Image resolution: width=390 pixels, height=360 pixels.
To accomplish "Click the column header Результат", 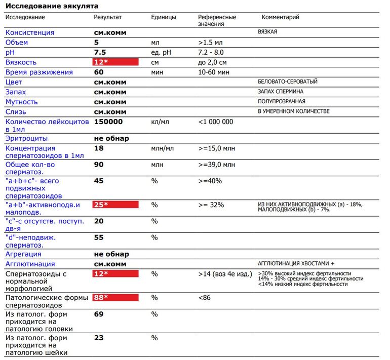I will pos(108,17).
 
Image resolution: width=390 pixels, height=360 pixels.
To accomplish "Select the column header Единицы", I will pos(164,17).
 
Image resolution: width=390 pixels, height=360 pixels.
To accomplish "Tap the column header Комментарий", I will pos(280,17).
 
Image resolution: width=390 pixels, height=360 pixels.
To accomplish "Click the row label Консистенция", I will pos(30,32).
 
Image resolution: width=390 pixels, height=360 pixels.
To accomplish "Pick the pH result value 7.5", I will pos(100,52).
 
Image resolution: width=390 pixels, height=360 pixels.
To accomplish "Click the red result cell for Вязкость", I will pos(115,62).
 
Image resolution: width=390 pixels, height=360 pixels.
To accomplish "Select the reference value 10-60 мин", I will pos(214,72).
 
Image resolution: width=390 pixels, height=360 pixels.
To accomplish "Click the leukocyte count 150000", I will pos(108,122).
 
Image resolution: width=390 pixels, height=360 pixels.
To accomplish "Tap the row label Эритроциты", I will pos(27,138).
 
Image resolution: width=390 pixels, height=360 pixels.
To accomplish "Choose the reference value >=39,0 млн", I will pos(217,165).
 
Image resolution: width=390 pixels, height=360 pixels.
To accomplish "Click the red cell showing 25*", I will pos(115,205).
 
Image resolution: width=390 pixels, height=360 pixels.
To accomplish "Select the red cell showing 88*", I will pos(115,297).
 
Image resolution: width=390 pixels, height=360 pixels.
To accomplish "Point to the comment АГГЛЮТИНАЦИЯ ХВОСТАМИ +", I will pos(296,264).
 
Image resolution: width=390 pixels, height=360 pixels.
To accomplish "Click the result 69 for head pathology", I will pos(99,314).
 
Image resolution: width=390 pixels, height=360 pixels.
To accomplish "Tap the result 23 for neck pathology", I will pos(99,338).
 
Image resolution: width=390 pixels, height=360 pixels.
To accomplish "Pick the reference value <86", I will pos(204,297).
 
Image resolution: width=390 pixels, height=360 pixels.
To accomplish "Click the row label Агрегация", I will pos(23,254).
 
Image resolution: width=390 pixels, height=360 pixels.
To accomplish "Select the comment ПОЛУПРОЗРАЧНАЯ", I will pos(282,102).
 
